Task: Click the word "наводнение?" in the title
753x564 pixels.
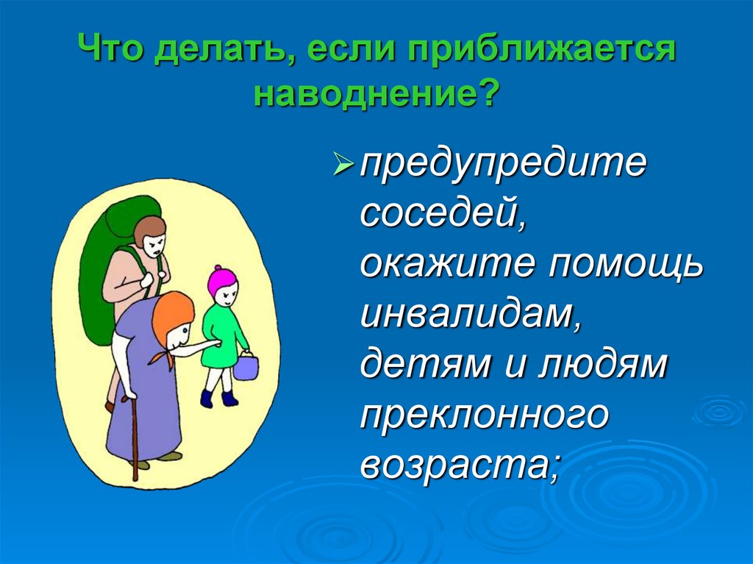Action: (x=376, y=94)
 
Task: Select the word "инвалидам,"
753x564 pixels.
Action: (x=467, y=315)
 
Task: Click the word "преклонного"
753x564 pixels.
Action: (x=485, y=417)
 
